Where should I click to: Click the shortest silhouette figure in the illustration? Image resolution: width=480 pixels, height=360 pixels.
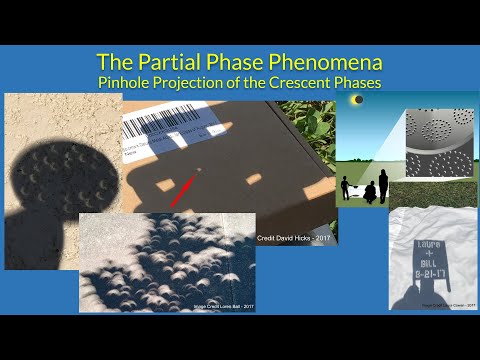[x=347, y=185]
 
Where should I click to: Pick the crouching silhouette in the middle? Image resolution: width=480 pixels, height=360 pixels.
[x=366, y=189]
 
